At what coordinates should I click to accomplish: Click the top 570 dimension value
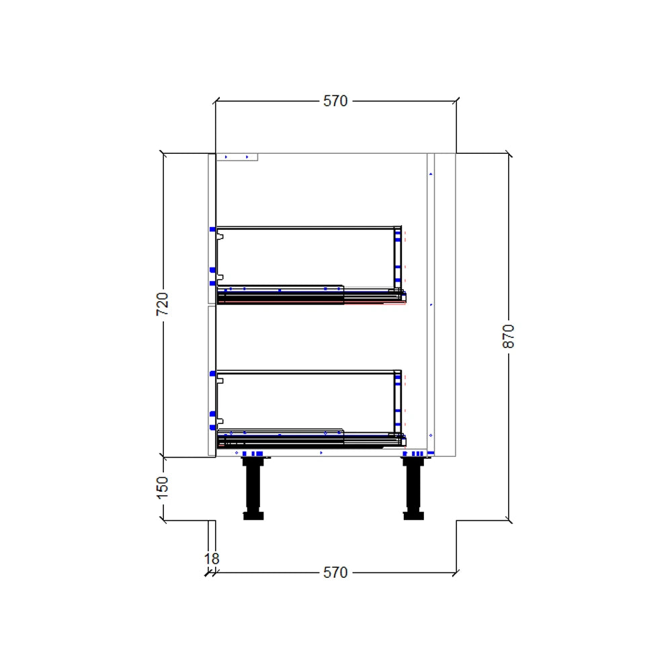coord(335,101)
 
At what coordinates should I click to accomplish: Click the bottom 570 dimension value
coord(335,573)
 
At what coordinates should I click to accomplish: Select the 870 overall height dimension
coord(509,336)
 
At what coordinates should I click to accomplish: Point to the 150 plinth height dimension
coord(163,487)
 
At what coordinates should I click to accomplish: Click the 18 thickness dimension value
coord(211,558)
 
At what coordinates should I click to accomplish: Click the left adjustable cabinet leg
coord(253,487)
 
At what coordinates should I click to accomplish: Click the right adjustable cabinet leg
coord(413,487)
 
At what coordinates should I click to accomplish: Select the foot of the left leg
coord(253,516)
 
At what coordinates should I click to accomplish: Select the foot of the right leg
coord(413,516)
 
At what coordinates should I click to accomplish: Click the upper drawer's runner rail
coord(309,296)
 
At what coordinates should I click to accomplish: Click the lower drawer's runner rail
coord(309,441)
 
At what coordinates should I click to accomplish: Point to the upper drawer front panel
coord(211,228)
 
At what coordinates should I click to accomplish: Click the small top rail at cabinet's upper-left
coord(237,157)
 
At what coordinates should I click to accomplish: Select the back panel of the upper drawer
coord(398,259)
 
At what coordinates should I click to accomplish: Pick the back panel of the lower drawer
coord(398,402)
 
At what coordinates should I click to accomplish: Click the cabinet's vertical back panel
coord(431,302)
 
